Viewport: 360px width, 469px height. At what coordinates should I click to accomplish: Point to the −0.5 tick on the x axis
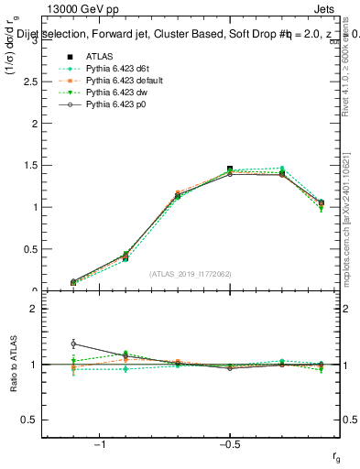coord(229,444)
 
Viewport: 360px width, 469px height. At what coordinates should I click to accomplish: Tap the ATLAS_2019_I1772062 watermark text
coord(189,274)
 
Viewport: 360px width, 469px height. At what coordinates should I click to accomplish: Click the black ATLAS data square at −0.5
coord(230,169)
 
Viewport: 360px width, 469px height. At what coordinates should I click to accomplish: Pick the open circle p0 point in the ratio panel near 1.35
coord(73,344)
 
